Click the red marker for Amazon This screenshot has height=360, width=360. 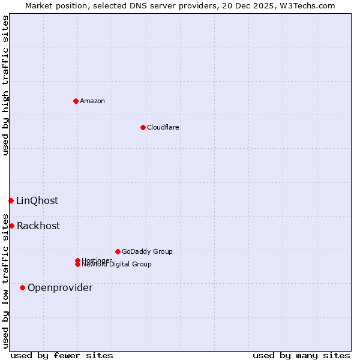pos(76,101)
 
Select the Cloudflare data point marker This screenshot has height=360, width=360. pos(143,127)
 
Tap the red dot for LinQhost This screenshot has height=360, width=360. pos(11,200)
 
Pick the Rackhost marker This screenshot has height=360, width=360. pos(11,226)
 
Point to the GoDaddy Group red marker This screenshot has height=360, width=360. pos(118,251)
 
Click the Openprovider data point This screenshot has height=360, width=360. pos(22,287)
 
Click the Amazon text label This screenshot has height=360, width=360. pos(92,101)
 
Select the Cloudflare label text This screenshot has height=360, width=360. pos(163,127)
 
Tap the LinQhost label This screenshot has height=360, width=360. pos(37,200)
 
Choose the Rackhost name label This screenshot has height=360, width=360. pos(38,226)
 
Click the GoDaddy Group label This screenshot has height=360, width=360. pos(147,251)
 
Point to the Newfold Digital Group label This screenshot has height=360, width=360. pos(116,265)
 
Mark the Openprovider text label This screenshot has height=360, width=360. pos(60,287)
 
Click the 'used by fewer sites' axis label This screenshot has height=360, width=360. pos(62,355)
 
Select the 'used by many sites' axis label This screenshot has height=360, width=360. pos(301,355)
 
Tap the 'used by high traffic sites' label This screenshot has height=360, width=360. pos(5,85)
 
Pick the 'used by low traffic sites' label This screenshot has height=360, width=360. pos(5,280)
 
